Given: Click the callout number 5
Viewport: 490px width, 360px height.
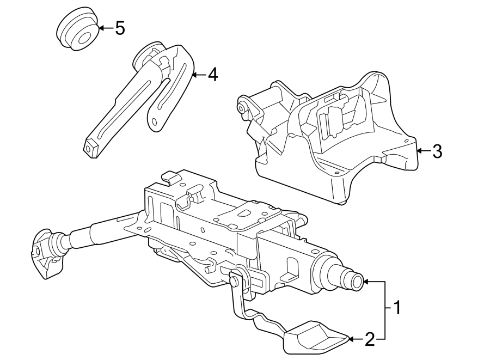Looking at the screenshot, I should point(120,28).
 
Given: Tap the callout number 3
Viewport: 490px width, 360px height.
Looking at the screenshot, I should point(437,151).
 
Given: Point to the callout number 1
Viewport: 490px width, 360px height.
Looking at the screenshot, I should point(397,308).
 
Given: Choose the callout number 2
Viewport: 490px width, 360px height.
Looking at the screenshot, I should point(370,340).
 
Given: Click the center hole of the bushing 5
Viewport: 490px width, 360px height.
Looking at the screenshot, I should point(84,38).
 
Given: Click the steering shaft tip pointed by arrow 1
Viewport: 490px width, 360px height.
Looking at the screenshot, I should point(357,282).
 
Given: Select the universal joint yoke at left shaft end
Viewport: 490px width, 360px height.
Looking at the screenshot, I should point(46,253).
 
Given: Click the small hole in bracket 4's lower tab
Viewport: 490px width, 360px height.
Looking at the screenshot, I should point(156,121).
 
